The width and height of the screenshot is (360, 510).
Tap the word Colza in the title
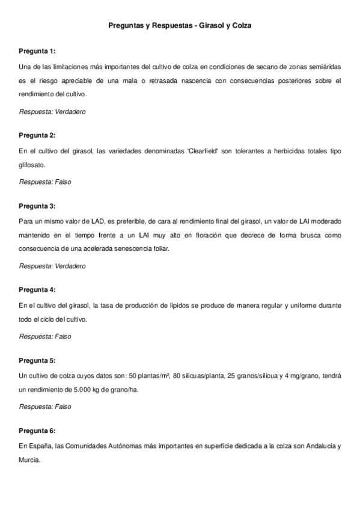click(240, 26)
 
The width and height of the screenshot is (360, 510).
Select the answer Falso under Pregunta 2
click(63, 182)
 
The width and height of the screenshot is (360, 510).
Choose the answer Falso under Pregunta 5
click(63, 407)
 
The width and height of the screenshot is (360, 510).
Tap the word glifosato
click(32, 164)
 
